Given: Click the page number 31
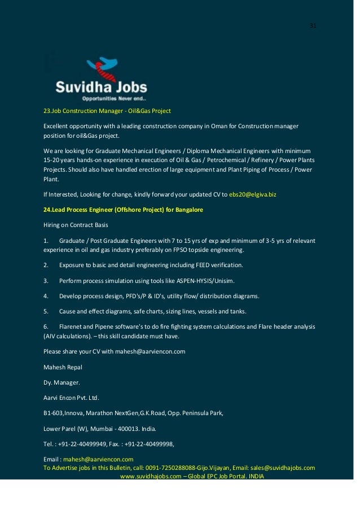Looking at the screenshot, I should (x=313, y=26).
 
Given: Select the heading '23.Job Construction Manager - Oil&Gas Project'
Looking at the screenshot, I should (x=107, y=111).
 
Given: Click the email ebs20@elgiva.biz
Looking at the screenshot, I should (x=252, y=194).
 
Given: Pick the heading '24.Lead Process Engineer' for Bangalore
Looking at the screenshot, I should (x=123, y=210).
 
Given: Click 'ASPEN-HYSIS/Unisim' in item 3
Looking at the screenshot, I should (x=205, y=280).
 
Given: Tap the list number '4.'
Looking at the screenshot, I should (x=46, y=295).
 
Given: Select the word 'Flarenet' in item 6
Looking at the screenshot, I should (x=72, y=326).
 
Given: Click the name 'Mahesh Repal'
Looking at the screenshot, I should (x=63, y=367).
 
